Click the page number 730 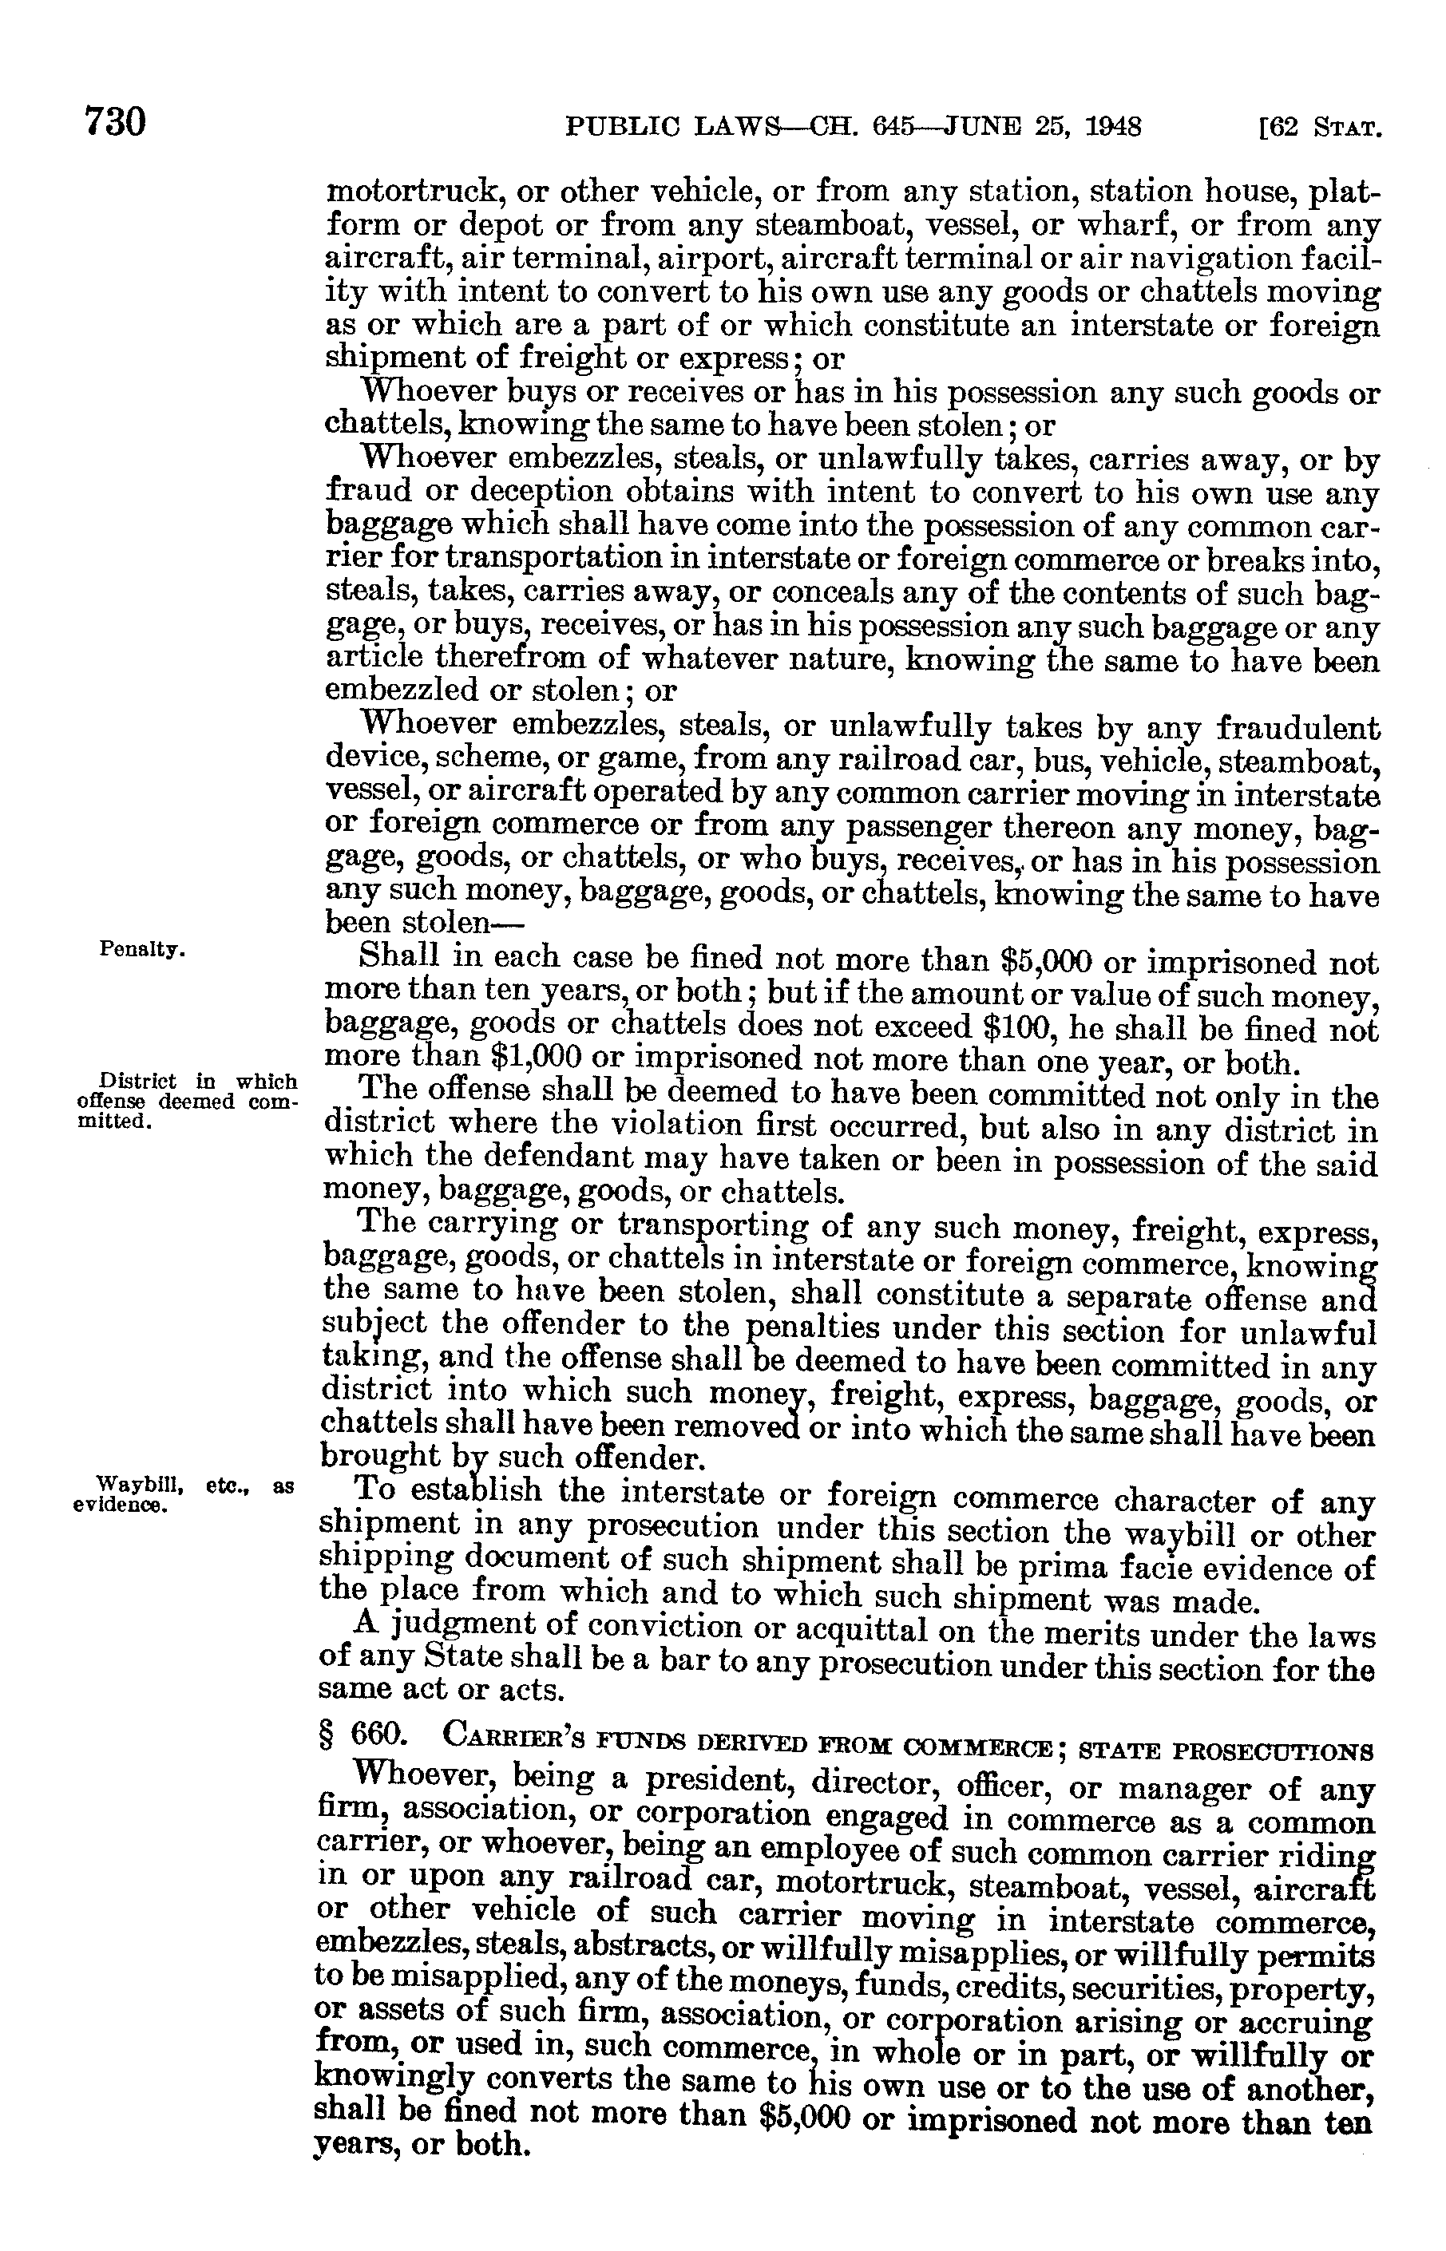pyautogui.click(x=116, y=123)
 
